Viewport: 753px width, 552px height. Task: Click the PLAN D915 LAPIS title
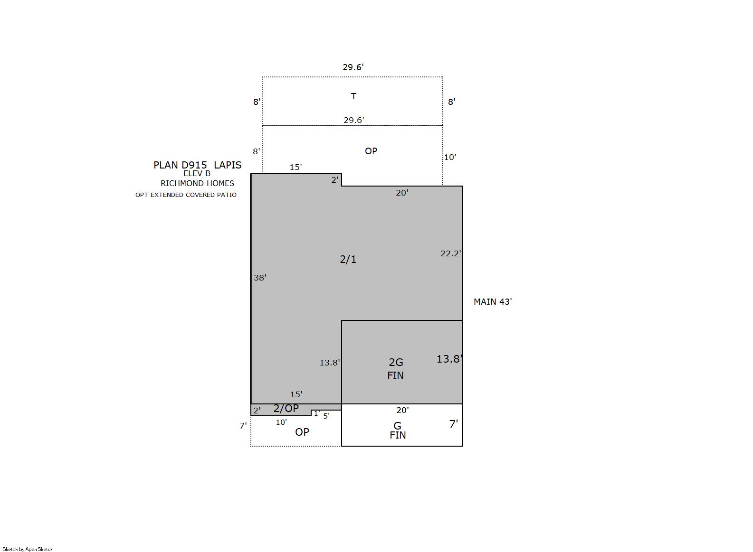197,165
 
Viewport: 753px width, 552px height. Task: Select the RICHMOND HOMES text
197,183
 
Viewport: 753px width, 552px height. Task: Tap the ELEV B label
197,174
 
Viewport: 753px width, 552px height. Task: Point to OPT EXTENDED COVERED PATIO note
186,195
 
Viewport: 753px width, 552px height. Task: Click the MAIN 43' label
493,301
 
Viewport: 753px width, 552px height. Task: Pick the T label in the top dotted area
353,96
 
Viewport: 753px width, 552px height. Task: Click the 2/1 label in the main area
348,259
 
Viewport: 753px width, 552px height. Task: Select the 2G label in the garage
396,362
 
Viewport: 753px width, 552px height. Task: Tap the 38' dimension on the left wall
260,278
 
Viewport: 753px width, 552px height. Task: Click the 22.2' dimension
451,253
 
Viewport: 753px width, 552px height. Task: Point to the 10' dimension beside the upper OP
450,157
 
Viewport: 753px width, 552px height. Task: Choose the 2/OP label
286,408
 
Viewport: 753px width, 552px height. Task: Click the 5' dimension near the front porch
326,416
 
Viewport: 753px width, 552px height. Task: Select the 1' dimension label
316,414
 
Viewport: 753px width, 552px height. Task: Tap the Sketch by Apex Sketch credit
28,549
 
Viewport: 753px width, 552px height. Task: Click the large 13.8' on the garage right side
449,359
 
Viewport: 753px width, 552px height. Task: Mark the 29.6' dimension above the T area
353,67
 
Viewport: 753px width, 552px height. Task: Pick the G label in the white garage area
397,426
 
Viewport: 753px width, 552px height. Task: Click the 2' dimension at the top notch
335,180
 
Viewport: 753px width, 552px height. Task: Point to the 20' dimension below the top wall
402,193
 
